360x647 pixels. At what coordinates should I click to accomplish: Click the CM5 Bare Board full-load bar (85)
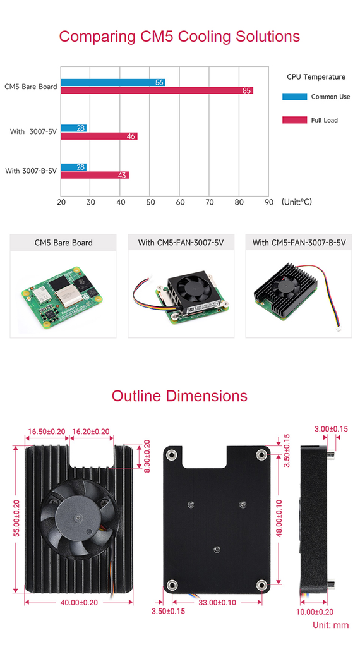click(x=157, y=90)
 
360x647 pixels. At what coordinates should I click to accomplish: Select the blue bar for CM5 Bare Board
click(x=114, y=83)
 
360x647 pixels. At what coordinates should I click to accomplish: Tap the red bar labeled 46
click(x=99, y=136)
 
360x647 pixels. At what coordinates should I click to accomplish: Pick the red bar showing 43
click(x=95, y=175)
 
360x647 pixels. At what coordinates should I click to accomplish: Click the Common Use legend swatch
click(x=294, y=97)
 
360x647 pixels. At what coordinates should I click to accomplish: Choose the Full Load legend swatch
click(x=294, y=120)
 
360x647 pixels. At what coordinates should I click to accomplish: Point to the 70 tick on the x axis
click(x=209, y=203)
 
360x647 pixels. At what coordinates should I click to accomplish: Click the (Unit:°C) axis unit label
click(x=297, y=202)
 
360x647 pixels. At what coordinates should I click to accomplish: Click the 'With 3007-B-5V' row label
click(x=31, y=171)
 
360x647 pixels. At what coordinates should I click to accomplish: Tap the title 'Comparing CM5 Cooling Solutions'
click(x=179, y=36)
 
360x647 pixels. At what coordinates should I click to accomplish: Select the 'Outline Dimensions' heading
click(x=179, y=396)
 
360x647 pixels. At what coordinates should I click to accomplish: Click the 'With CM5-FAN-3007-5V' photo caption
click(x=181, y=243)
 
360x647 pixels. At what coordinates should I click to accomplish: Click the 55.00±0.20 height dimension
click(x=16, y=518)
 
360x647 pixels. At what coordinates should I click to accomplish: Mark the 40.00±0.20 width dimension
click(x=79, y=602)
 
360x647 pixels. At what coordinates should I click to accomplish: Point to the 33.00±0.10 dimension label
click(x=217, y=602)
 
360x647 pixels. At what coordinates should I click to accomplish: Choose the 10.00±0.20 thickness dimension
click(x=315, y=612)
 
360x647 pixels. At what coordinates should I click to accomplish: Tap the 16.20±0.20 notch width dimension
click(x=91, y=432)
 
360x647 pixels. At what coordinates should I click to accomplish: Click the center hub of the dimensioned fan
click(x=78, y=518)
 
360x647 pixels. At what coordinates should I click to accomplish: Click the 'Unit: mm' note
click(x=330, y=625)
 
